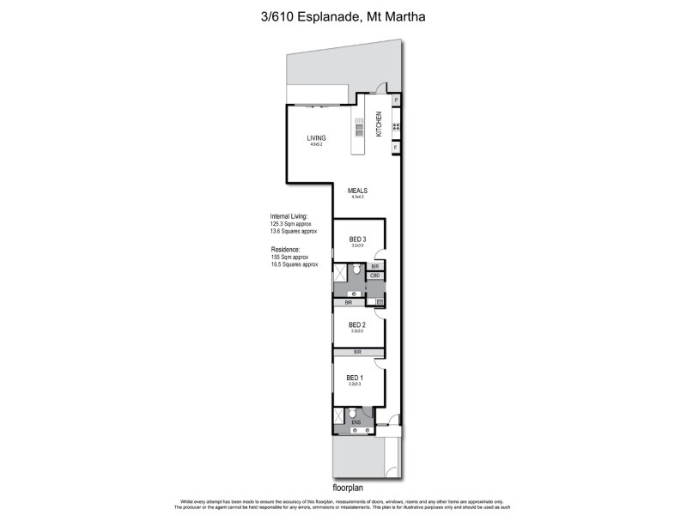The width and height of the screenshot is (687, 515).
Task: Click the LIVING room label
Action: point(317,137)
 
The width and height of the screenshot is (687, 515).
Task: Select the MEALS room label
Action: point(357,191)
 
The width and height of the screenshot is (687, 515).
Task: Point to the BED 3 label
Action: point(357,239)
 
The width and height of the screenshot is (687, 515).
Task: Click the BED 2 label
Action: point(357,324)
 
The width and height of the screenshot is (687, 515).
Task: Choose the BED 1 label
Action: point(355,378)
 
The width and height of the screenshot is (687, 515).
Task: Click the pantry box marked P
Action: point(396,100)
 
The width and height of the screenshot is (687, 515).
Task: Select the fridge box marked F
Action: point(396,148)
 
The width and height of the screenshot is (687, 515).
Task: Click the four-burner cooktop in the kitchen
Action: point(396,126)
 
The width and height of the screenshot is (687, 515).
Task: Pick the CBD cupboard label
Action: point(375,276)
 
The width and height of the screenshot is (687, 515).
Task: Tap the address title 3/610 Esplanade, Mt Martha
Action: point(343,15)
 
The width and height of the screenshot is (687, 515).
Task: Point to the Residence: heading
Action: point(285,249)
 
